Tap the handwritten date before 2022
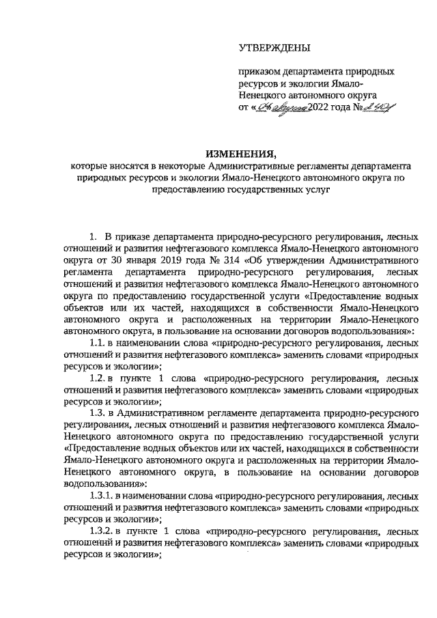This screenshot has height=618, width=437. pyautogui.click(x=281, y=107)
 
